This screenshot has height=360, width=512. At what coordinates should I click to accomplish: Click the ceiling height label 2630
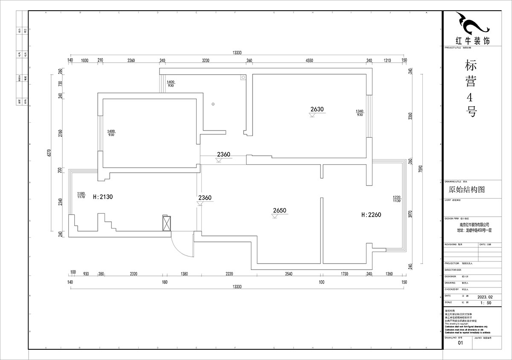(x=317, y=109)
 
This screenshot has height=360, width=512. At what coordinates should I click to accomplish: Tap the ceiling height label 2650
(x=279, y=210)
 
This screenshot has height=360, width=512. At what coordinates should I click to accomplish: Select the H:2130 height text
(x=102, y=196)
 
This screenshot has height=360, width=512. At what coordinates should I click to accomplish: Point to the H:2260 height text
(x=371, y=215)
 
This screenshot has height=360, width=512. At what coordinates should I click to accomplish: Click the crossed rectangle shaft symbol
(x=167, y=223)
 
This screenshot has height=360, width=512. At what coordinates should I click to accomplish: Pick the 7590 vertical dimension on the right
(x=421, y=168)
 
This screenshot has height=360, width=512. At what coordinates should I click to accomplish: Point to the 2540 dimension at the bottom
(x=289, y=274)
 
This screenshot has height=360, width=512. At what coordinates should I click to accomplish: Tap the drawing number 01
(x=460, y=343)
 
